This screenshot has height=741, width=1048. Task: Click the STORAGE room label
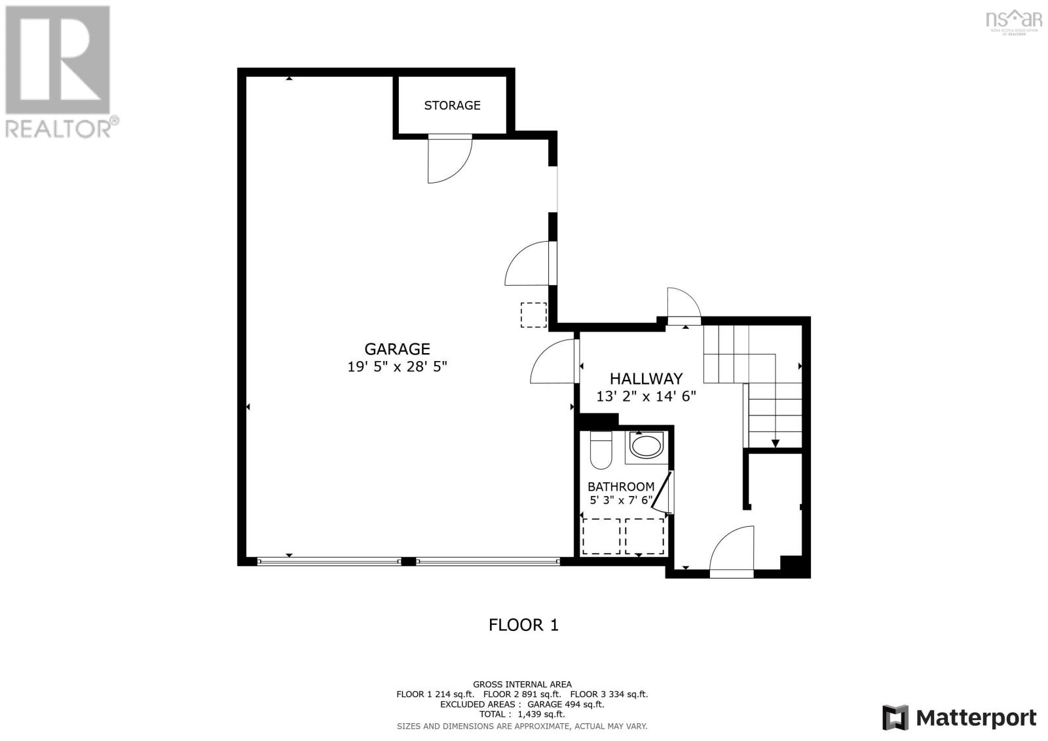(x=452, y=105)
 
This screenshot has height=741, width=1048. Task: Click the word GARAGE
(x=397, y=349)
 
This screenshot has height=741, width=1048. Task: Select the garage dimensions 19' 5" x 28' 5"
(x=397, y=366)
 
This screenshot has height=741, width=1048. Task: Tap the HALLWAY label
(x=646, y=379)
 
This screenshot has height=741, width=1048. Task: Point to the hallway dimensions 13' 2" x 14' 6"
(x=646, y=396)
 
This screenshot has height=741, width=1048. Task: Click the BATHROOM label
(x=620, y=487)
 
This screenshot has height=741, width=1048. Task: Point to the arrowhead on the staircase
(x=776, y=444)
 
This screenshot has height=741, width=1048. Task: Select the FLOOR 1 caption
(x=523, y=624)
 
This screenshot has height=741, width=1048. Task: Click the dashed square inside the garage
(x=533, y=314)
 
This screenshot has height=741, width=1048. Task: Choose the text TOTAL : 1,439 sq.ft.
(x=521, y=714)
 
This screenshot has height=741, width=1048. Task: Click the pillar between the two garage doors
(x=408, y=561)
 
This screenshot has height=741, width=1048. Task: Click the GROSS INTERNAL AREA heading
(x=522, y=684)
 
